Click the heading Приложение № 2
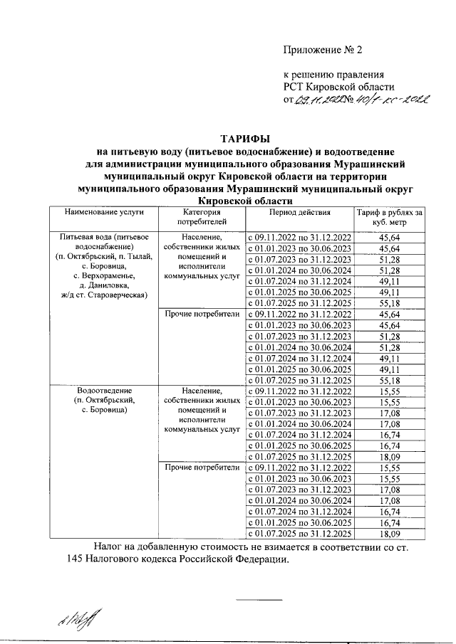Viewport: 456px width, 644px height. pos(323,50)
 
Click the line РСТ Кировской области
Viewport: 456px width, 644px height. pos(331,87)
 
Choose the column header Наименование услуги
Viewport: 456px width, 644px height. pos(103,213)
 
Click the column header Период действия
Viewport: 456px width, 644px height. pos(300,213)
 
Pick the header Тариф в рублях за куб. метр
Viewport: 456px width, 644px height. pos(390,218)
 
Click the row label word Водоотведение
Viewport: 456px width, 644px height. pos(104,390)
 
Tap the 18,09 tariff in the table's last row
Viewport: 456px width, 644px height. pos(390,534)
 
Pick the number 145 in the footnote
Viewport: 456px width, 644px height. pos(76,559)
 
